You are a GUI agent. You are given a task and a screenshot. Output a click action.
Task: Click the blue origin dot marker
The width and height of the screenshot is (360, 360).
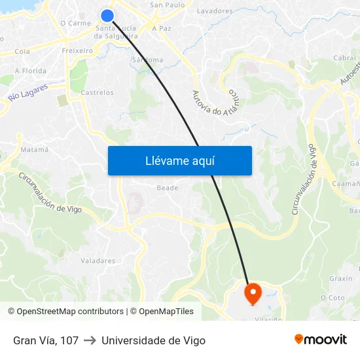click(x=107, y=16)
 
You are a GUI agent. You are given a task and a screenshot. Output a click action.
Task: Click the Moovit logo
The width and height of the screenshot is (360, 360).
click(x=320, y=340)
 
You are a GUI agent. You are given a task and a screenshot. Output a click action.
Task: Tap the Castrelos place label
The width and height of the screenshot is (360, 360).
click(x=97, y=93)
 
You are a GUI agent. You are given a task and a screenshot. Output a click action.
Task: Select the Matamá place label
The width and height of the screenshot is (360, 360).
click(x=35, y=150)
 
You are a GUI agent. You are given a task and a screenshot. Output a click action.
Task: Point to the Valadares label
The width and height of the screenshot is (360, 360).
click(x=98, y=261)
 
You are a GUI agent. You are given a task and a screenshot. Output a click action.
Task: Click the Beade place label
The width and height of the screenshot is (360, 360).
click(x=167, y=188)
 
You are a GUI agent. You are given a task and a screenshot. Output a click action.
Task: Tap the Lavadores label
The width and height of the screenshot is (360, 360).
click(x=215, y=11)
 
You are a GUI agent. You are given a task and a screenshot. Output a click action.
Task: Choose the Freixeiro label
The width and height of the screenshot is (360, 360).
click(x=77, y=50)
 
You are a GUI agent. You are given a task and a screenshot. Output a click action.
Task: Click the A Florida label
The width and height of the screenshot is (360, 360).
click(x=31, y=71)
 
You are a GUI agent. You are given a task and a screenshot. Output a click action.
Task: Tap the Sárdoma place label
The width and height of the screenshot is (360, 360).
click(x=147, y=60)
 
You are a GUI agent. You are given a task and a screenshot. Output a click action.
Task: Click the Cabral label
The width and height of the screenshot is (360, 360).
click(x=344, y=58)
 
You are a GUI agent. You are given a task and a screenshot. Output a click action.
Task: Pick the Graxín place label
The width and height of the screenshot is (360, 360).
click(x=341, y=278)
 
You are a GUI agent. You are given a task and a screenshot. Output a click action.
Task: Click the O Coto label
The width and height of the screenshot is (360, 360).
click(x=333, y=298)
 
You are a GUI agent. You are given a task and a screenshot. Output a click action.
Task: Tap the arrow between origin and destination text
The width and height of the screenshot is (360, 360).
click(x=90, y=340)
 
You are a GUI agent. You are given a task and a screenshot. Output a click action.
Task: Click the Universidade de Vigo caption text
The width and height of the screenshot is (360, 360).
click(x=153, y=340)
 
